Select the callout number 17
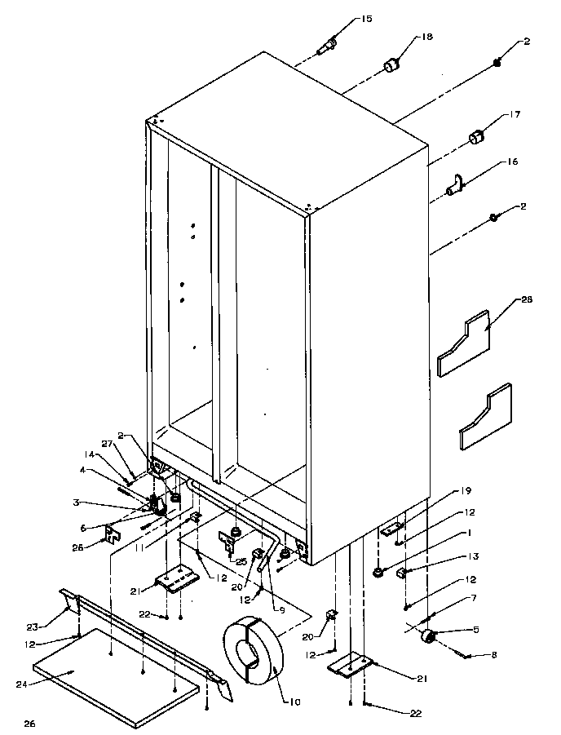tap(515, 115)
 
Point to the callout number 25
tap(241, 562)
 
